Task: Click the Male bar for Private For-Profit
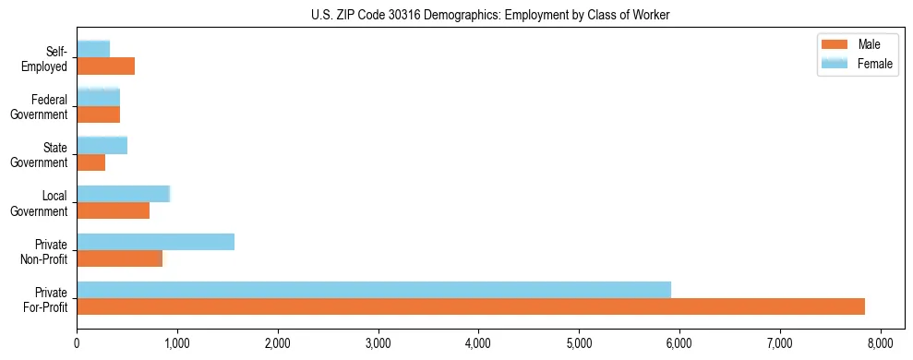click(471, 306)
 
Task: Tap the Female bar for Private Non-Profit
click(155, 241)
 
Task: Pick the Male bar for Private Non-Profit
click(119, 258)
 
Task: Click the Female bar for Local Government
click(123, 193)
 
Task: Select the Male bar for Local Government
click(113, 210)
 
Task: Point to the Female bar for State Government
click(102, 145)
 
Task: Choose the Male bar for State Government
click(90, 162)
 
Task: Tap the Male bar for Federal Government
click(98, 114)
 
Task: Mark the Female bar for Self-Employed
click(93, 49)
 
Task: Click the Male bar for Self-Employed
click(105, 66)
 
